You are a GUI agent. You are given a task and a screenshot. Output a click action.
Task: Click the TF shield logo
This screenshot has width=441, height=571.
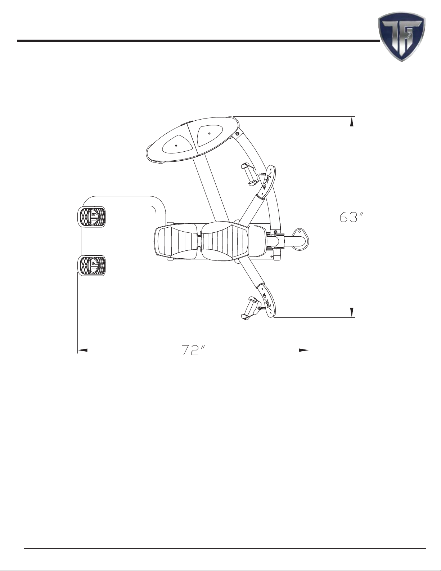(402, 36)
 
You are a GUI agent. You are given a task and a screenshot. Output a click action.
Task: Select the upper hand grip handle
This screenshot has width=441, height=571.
(249, 174)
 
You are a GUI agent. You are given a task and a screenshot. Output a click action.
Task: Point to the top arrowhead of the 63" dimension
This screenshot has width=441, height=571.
(352, 122)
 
